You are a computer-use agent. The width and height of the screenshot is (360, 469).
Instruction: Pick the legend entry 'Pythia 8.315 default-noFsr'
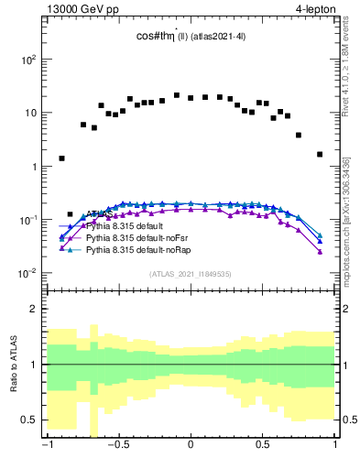136,237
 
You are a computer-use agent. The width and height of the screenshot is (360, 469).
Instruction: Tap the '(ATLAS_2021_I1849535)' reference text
191,273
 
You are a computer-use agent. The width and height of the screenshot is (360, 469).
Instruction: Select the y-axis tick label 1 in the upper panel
33,167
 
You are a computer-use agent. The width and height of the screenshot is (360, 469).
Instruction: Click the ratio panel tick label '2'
35,309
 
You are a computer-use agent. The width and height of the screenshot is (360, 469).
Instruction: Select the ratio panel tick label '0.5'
29,420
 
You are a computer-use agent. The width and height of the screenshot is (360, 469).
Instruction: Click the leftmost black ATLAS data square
61,158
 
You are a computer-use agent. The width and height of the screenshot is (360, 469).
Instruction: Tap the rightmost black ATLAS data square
320,154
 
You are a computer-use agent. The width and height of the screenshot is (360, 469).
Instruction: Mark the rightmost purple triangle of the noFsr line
320,252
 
